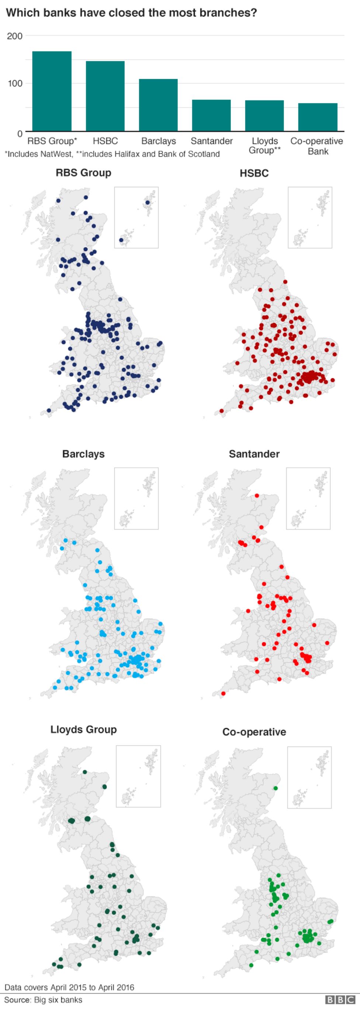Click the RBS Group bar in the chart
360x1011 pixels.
coord(52,91)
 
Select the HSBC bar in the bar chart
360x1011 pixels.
coord(105,96)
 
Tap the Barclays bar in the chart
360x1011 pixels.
coord(158,105)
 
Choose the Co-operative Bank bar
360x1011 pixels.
coord(318,117)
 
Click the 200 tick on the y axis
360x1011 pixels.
coord(15,36)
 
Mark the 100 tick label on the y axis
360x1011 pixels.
coord(15,83)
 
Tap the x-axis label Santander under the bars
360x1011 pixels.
coord(212,141)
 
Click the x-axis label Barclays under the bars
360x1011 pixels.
coord(159,141)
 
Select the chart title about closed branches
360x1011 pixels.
coord(131,13)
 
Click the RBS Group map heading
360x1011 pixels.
coord(83,173)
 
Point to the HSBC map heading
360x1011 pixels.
coord(254,173)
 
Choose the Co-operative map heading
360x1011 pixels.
coord(254,732)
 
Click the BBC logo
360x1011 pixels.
coord(340,1000)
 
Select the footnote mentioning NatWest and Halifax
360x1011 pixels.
coord(112,154)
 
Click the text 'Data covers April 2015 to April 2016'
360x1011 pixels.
coord(69,987)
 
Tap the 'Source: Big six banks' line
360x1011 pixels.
coord(43,1000)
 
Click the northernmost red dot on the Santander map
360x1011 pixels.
coord(257,496)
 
